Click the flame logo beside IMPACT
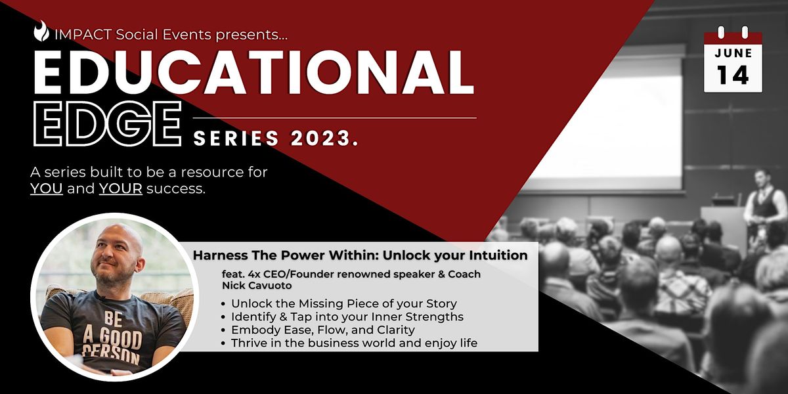coord(41,31)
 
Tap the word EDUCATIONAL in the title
coord(253,72)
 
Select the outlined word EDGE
coord(107,124)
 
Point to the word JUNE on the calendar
coord(733,53)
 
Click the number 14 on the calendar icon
coord(733,76)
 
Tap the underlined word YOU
coord(47,188)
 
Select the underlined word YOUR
coord(121,188)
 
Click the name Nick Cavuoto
coord(257,285)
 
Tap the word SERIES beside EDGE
coord(236,138)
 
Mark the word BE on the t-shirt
coord(113,319)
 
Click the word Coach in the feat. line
coord(464,274)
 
